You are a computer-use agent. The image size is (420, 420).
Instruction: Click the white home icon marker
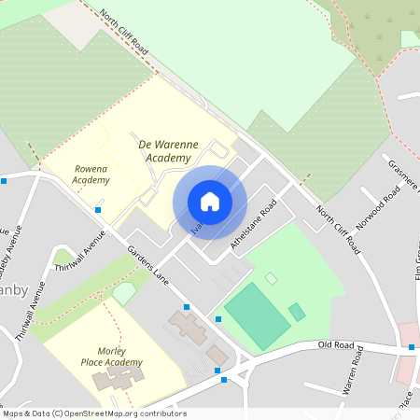coord(210,202)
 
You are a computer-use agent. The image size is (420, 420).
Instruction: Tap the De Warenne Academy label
coord(172,151)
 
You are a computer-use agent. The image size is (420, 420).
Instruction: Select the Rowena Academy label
coord(91,174)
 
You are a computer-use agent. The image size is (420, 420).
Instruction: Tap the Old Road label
coord(336,346)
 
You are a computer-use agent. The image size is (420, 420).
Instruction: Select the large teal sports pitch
coord(257,317)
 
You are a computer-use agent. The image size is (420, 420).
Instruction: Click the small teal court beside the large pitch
coord(297,312)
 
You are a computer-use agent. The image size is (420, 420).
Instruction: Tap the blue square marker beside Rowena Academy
coord(98,210)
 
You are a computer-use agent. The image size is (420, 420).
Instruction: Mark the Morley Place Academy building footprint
coord(119,378)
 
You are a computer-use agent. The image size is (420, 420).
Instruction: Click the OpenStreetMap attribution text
coord(94,413)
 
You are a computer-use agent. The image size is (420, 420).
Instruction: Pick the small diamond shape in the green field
coord(271,278)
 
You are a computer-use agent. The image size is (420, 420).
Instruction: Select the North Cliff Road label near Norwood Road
coord(338,230)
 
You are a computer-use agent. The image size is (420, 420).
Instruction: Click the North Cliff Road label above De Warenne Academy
coord(123,31)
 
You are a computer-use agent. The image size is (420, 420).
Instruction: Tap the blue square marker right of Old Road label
coord(412,347)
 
